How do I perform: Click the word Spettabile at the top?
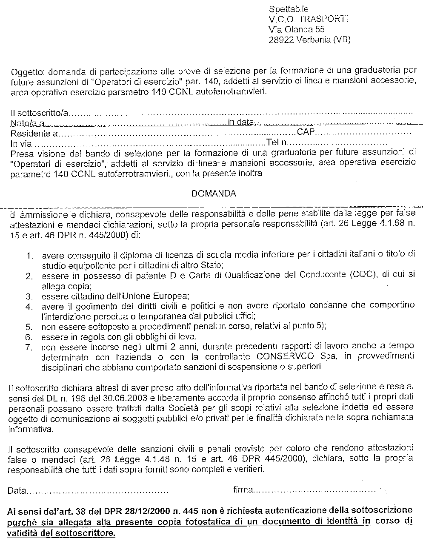289,9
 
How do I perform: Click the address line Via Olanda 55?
297,29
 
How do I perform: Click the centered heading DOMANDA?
214,194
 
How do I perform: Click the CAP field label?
306,132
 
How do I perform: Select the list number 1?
30,256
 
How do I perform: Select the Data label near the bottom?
17,491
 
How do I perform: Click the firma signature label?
243,490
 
